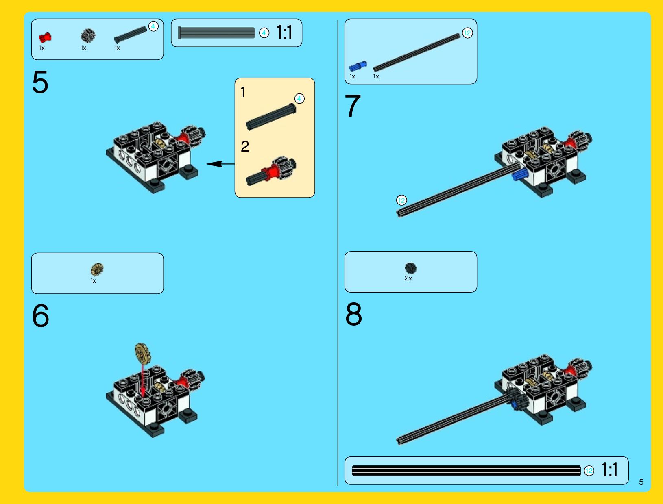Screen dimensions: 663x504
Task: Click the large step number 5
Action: [40, 82]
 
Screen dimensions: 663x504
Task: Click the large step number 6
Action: [41, 315]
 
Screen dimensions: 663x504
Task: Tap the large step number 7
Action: [353, 106]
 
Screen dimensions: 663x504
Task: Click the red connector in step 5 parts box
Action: [45, 37]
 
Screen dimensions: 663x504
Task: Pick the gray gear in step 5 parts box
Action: [88, 36]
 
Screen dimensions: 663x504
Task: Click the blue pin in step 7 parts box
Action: [358, 66]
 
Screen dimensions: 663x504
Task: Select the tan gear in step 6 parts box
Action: [97, 269]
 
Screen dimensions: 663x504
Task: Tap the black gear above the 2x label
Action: [410, 268]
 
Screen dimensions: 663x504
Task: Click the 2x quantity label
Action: [408, 278]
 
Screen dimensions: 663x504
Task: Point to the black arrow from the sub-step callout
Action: [220, 164]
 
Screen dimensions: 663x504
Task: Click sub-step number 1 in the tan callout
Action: [243, 92]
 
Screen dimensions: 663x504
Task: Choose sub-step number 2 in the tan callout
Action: [245, 146]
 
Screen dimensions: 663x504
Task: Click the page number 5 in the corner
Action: [641, 482]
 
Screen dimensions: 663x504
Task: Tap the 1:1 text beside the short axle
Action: [284, 32]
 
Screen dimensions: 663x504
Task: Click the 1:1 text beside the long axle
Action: [610, 469]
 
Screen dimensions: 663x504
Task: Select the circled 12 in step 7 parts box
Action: [467, 33]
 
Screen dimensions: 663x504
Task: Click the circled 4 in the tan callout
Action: [299, 99]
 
